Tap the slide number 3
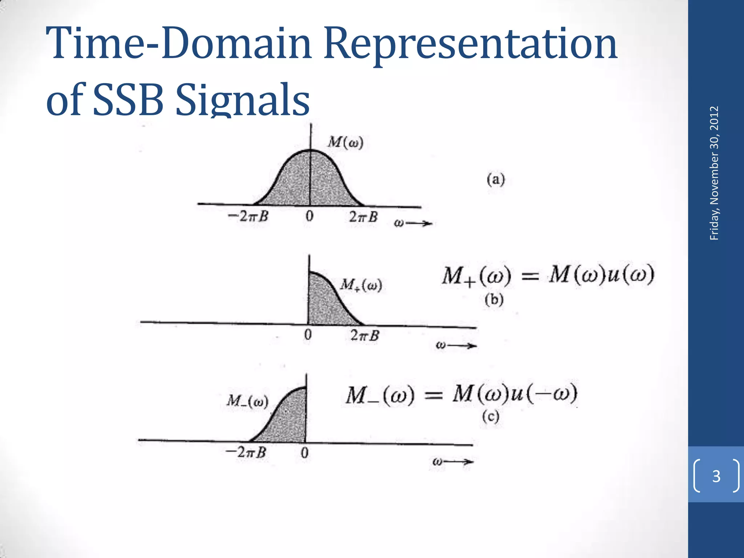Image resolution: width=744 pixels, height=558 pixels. coord(716,476)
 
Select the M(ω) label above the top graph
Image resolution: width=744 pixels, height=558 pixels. coord(345,142)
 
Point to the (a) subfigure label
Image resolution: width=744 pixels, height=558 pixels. coord(496,180)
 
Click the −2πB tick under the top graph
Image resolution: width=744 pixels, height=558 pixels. coord(248,217)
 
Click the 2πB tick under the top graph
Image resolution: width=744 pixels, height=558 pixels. coord(363,217)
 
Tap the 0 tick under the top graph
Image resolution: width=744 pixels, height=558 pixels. coord(309,217)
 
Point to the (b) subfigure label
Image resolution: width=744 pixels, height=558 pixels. coord(494,300)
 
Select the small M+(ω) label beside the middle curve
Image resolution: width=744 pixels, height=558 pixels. coord(361,285)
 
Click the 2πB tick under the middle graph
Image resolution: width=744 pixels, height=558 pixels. coord(365,335)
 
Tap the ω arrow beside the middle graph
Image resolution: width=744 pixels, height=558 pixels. coord(456,345)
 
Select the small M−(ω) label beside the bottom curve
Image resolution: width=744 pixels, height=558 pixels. coord(247,401)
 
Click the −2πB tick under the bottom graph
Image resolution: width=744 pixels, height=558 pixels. coord(246,453)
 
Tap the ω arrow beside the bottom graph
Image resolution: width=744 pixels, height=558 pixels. coord(453,462)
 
